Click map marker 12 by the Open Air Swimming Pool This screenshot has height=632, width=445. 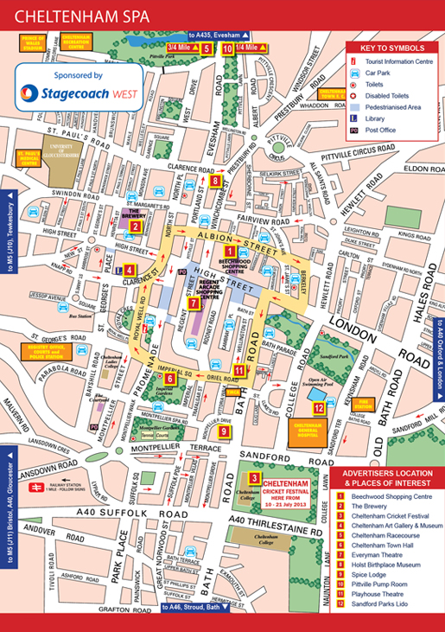[x=319, y=407]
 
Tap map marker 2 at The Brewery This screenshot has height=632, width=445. [x=136, y=227]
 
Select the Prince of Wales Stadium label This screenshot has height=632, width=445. [x=33, y=42]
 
